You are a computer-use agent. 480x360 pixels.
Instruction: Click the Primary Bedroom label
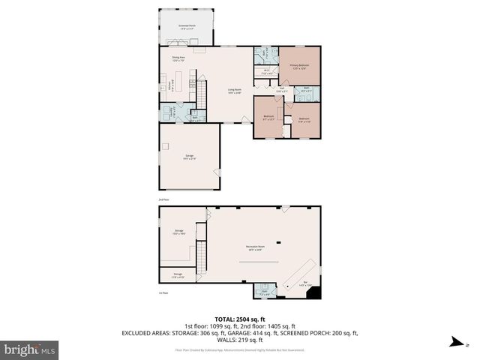pos(301,66)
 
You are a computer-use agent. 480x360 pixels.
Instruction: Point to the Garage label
pos(189,156)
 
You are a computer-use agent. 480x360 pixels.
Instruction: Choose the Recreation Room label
pos(258,247)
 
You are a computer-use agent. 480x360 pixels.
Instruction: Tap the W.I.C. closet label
pos(266,72)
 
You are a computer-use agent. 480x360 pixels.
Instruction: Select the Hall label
pos(280,90)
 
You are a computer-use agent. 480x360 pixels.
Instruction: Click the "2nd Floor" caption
pos(163,200)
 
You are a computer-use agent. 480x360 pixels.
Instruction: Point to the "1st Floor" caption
pos(163,292)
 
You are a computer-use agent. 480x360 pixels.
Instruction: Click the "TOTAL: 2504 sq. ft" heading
pos(240,318)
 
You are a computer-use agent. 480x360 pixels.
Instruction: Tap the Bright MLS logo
pos(30,349)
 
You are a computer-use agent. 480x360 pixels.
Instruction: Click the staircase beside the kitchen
pos(201,94)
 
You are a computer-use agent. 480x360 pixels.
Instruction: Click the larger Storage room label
pos(179,232)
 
